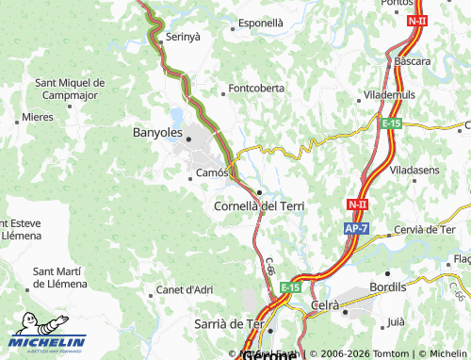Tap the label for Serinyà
click(184, 37)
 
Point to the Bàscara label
click(413, 61)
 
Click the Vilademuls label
click(387, 96)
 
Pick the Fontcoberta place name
click(256, 90)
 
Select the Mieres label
click(38, 117)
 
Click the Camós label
click(212, 173)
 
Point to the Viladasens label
click(414, 170)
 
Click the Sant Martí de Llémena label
click(60, 277)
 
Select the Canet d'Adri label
click(184, 289)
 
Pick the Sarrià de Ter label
click(229, 323)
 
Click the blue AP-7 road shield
click(354, 229)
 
